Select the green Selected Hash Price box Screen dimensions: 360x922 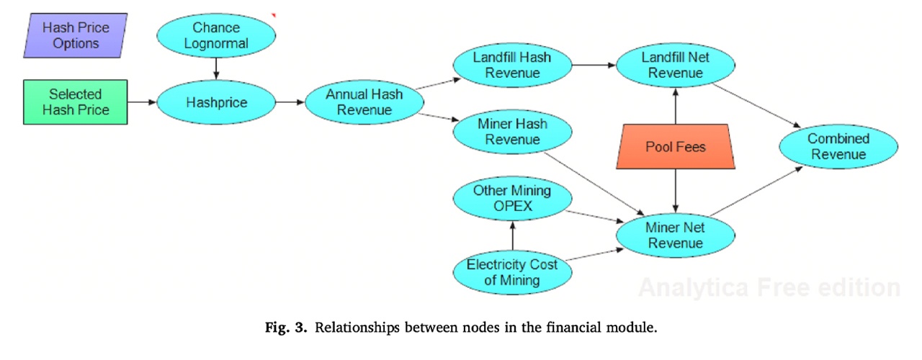coord(75,102)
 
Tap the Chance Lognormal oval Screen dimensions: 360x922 coord(216,36)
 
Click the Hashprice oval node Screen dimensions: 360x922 coord(216,102)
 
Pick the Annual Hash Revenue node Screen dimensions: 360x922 coord(364,102)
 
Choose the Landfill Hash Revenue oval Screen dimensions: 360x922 coord(511,65)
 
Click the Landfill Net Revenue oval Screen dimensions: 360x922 coord(676,65)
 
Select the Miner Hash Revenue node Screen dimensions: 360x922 coord(511,131)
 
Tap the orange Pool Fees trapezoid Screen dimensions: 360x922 coord(676,147)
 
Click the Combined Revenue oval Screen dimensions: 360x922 coord(838,147)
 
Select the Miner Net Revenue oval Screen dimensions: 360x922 coord(676,235)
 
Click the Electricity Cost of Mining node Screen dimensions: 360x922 coord(511,272)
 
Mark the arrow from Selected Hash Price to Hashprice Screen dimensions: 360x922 coord(142,102)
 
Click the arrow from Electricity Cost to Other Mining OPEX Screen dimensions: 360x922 coord(511,235)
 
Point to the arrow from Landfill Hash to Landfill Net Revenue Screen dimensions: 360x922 coord(593,65)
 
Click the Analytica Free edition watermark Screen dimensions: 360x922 coord(769,288)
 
